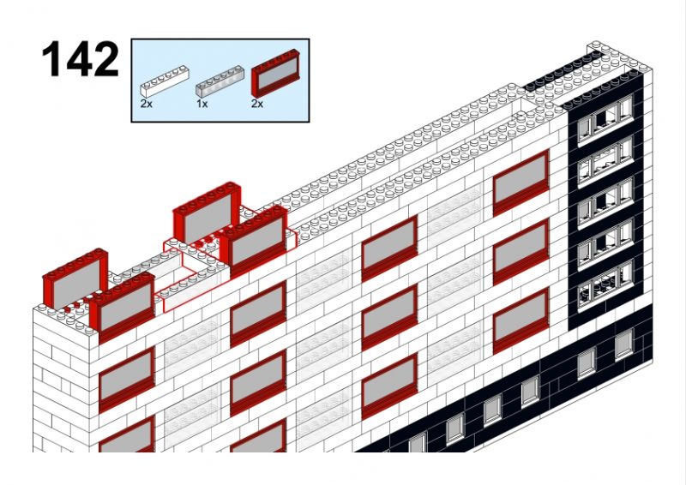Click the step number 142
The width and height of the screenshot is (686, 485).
coord(80,59)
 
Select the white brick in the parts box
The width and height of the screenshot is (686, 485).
coord(164,81)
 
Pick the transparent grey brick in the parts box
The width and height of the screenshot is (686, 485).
coord(220,81)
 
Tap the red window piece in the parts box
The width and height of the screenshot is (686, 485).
coord(275,73)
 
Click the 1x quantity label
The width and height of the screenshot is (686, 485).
coord(202,104)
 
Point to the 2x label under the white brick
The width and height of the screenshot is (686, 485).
coord(146,104)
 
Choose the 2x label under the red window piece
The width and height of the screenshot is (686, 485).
coord(257,104)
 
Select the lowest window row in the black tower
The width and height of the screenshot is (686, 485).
coord(605,284)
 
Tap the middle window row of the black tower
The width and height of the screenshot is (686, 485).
coord(605,201)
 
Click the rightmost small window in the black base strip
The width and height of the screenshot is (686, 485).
coord(624,344)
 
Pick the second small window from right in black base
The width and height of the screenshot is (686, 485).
coord(587,363)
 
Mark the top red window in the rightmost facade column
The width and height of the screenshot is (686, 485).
coord(521,183)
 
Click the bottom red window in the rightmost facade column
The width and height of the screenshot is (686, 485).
coord(521,321)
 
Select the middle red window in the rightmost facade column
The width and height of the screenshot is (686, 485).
coord(521,252)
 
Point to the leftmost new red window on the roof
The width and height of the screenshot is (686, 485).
coord(75,278)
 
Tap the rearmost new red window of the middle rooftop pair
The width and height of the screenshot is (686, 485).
coord(207,212)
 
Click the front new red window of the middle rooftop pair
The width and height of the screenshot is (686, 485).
coord(254,240)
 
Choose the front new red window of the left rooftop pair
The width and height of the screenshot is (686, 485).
coord(123,307)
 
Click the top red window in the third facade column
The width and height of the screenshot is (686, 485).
coord(389,248)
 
